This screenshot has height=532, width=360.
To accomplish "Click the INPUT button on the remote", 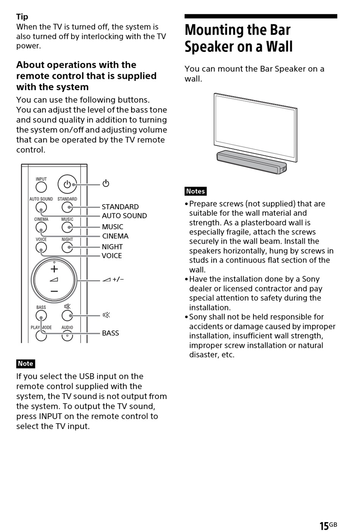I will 41,187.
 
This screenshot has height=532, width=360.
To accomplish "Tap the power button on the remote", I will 67,184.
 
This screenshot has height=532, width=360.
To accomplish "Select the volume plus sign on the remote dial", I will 54,269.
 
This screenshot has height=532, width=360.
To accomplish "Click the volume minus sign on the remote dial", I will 54,291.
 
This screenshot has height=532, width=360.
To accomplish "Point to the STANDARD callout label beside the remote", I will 120,207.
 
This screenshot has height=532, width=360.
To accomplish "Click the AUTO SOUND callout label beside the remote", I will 124,216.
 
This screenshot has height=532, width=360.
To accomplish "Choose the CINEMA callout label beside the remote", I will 115,236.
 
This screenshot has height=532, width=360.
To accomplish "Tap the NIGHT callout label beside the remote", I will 112,247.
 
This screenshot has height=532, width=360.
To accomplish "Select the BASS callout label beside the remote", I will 110,333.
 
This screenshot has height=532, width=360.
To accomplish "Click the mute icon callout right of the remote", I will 106,315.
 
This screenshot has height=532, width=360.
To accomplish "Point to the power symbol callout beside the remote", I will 106,183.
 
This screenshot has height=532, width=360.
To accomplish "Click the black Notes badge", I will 196,191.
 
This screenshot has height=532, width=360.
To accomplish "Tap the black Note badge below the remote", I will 25,364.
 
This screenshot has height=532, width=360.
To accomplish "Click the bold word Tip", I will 22,17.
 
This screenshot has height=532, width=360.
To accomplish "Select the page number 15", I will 324,526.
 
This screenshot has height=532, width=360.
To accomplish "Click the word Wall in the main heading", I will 279,47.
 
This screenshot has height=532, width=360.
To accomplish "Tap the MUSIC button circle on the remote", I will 67,227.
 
